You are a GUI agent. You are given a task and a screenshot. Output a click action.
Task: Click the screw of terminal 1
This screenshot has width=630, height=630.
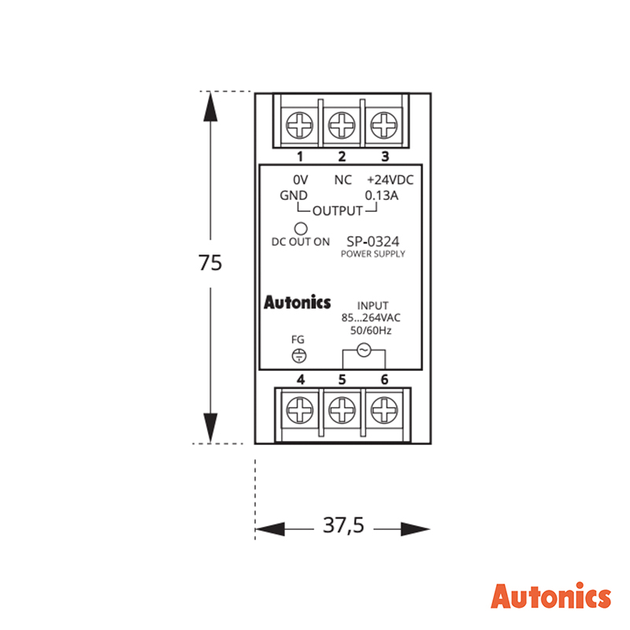[x=299, y=125]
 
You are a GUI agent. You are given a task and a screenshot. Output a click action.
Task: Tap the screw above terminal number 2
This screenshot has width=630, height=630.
[x=342, y=125]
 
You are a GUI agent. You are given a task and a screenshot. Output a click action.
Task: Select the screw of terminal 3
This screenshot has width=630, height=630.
[x=384, y=125]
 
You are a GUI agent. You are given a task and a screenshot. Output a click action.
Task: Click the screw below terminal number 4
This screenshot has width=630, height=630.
[x=300, y=409]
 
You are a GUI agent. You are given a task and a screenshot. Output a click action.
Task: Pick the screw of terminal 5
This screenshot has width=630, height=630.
[x=342, y=409]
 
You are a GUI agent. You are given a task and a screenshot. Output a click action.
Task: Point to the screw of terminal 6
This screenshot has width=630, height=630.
[x=384, y=409]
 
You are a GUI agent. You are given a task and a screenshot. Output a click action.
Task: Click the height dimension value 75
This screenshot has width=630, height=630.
[x=210, y=263]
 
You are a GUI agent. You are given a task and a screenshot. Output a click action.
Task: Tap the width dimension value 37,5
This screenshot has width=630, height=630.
[x=343, y=525]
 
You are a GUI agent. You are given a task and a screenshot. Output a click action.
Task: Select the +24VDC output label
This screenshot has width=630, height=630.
[x=390, y=180]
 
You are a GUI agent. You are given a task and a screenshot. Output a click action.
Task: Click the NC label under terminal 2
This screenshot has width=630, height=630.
[x=343, y=180]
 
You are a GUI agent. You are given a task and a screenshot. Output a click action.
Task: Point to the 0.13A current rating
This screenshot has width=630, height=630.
[x=381, y=195]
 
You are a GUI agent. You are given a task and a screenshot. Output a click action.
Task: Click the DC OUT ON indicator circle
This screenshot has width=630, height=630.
[x=301, y=228]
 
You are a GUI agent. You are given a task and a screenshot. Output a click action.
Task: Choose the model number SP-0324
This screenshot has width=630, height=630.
[x=372, y=242]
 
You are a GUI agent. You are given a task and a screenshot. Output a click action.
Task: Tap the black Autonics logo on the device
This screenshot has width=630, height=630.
[x=298, y=302]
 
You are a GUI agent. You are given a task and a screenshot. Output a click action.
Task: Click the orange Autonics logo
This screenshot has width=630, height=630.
[x=550, y=595]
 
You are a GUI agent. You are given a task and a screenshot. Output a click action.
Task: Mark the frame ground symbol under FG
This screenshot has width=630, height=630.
[x=299, y=356]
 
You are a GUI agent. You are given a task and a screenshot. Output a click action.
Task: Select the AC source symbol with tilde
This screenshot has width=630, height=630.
[x=364, y=350]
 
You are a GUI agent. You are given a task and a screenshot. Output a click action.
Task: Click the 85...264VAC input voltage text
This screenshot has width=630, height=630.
[x=371, y=318]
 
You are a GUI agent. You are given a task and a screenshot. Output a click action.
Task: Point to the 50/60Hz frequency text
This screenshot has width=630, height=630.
[x=371, y=331]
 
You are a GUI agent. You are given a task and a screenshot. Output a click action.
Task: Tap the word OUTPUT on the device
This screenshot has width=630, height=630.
[x=338, y=211]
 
